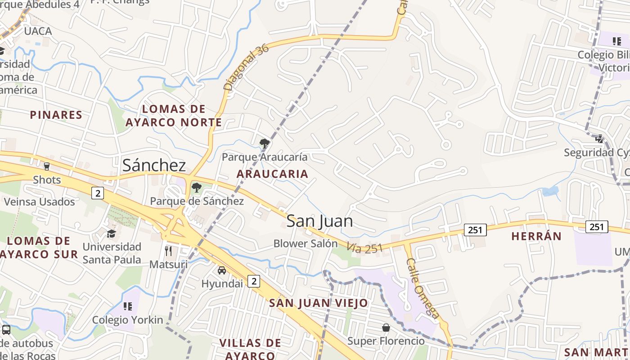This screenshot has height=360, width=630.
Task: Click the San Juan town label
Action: coord(319,221)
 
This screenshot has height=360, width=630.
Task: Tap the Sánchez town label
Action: coord(154,165)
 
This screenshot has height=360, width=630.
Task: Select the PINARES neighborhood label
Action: coord(56,115)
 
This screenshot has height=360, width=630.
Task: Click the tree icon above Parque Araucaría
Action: coord(265,144)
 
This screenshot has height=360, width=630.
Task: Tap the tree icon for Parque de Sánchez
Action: coord(196,188)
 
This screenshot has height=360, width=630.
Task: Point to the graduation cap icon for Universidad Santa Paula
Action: coord(111,234)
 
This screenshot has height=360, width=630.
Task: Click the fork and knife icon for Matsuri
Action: coord(168,251)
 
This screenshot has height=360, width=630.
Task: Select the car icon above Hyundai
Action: coord(222,270)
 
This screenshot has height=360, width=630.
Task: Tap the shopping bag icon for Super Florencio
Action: coord(386,327)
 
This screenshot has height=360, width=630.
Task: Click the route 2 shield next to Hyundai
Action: coord(254,282)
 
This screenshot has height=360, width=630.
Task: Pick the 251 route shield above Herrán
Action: coord(596,227)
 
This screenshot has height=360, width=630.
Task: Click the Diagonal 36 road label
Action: coord(246,67)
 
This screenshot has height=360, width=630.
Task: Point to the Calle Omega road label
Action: coord(423,288)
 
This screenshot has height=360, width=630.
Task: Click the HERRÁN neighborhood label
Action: coord(536,236)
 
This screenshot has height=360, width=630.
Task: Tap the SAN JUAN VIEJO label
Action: coord(319,303)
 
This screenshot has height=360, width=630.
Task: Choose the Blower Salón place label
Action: coord(306,243)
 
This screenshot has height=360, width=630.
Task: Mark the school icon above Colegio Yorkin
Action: coord(128,306)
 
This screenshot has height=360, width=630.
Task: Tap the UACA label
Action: coord(38,31)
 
